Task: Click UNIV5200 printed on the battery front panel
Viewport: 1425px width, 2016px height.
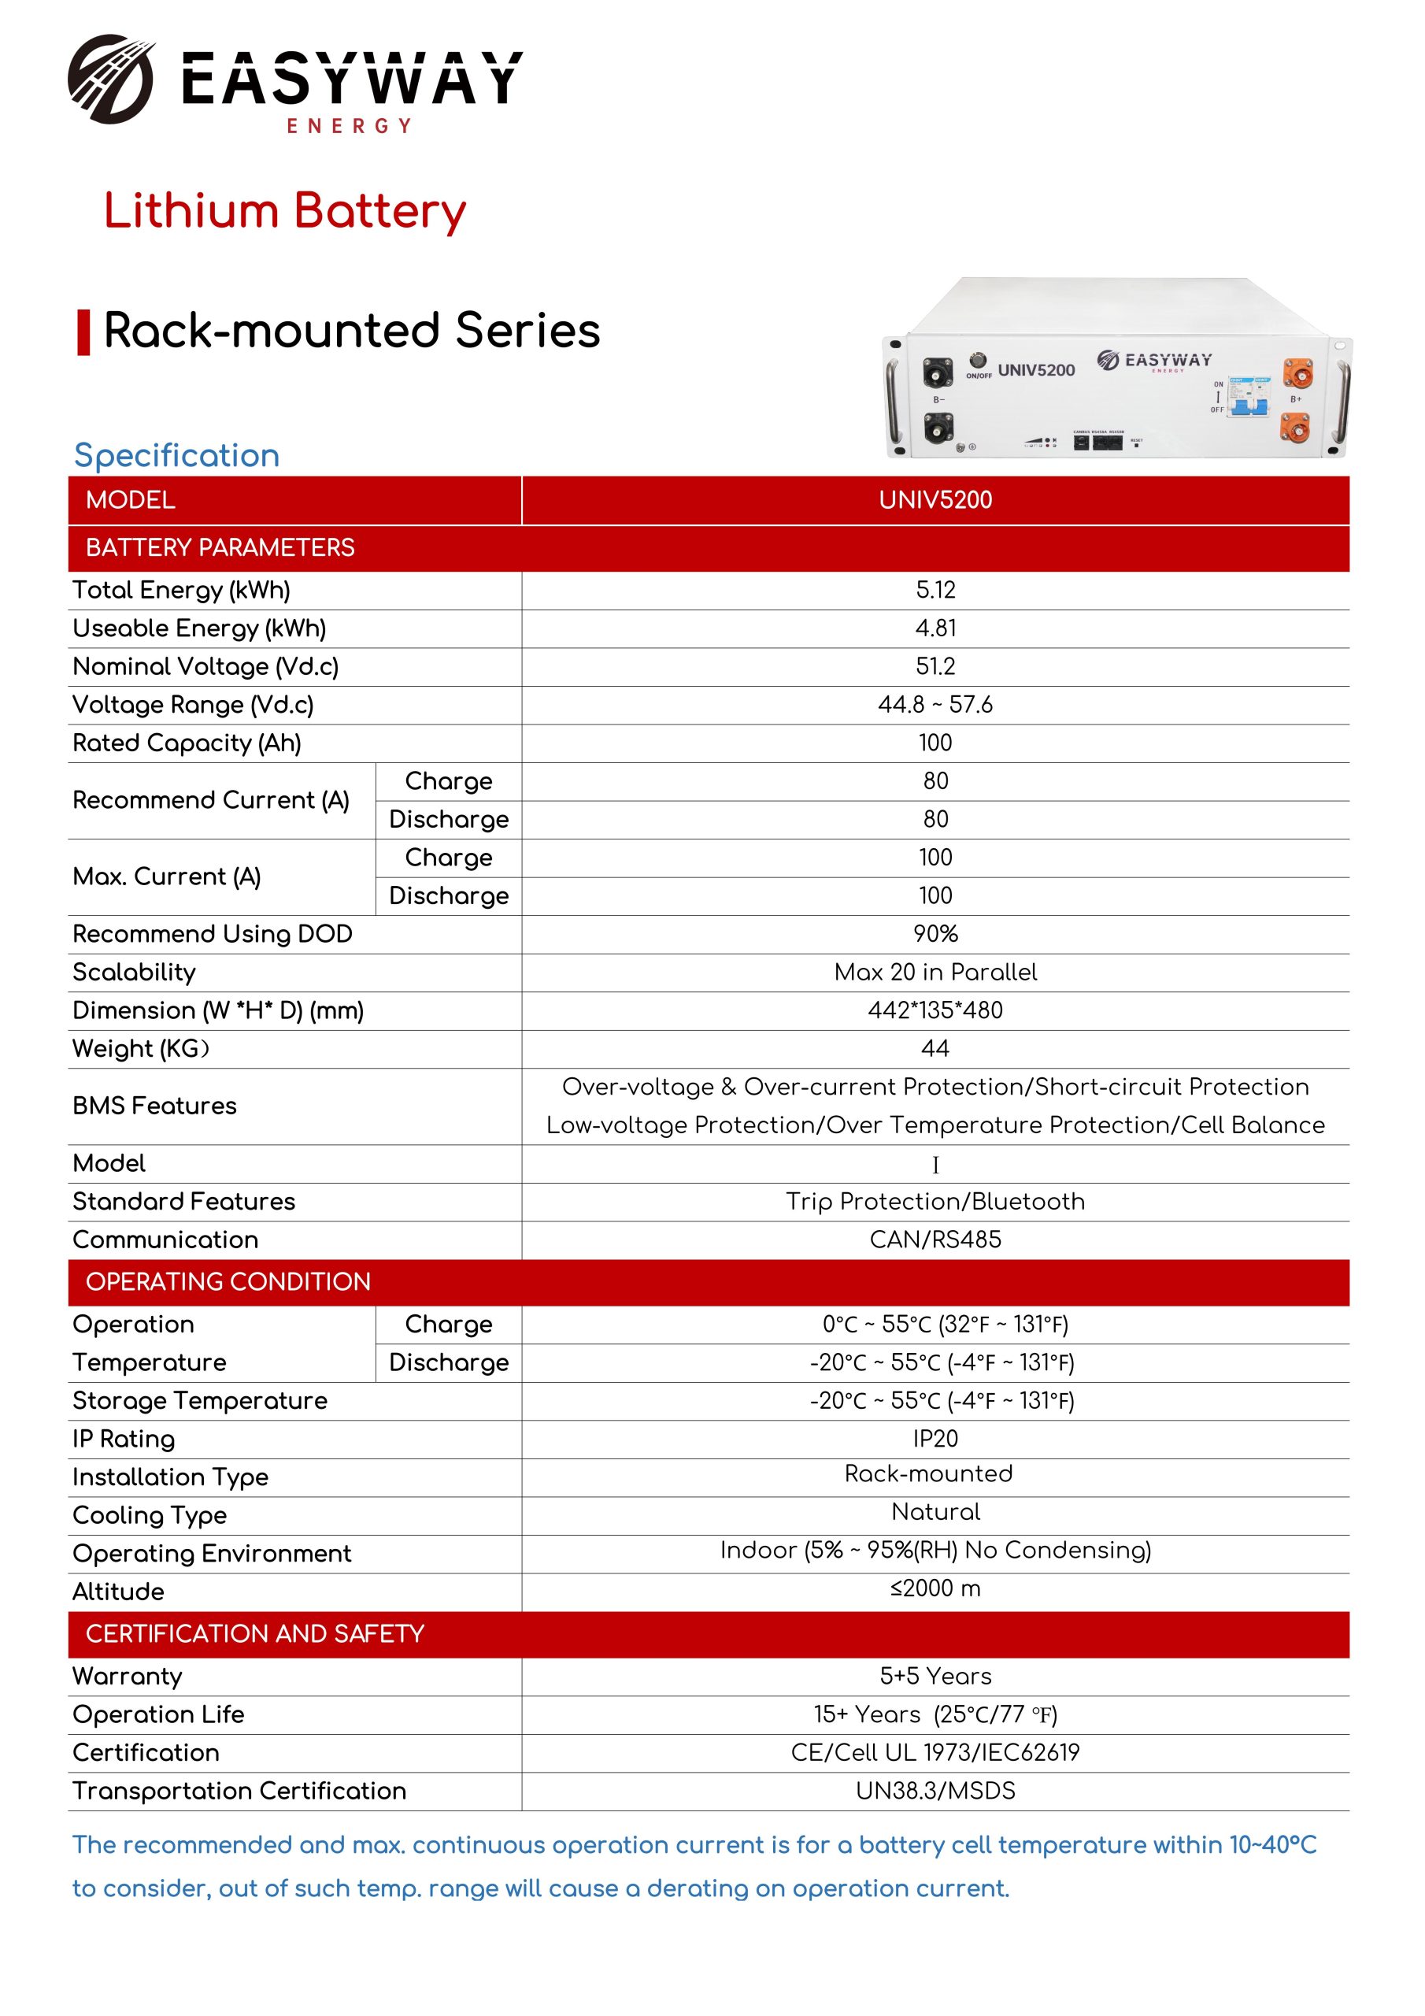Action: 1036,371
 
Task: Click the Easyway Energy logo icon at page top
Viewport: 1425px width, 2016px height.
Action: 112,79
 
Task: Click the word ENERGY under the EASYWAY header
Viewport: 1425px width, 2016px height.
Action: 349,127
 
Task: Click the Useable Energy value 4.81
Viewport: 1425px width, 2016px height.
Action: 935,628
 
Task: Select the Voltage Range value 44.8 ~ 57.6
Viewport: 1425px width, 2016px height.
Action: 935,704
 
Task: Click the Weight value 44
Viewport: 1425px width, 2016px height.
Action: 935,1048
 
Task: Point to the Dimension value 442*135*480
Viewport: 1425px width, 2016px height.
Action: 935,1010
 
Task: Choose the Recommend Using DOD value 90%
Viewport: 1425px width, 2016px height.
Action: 935,933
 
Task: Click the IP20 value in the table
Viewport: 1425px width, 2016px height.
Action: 935,1438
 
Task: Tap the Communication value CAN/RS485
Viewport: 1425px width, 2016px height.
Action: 935,1239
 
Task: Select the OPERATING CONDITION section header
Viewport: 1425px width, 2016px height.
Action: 228,1282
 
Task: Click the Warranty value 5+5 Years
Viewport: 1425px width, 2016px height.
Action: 935,1677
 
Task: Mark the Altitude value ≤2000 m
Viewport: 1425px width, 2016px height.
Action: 935,1588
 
